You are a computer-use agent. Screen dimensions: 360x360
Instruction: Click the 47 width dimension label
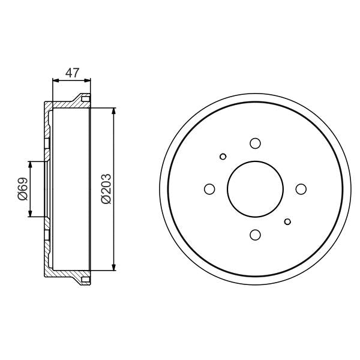[x=72, y=73]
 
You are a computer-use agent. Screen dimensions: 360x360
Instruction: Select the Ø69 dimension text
[x=22, y=189]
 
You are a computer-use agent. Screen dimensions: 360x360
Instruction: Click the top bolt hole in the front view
[x=255, y=143]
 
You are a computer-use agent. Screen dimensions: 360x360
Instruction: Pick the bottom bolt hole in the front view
[x=255, y=235]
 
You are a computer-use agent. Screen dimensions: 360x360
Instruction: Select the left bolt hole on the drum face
[x=209, y=189]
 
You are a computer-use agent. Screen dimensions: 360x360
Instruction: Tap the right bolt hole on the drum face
[x=301, y=189]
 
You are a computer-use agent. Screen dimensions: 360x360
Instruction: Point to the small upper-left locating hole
[x=223, y=157]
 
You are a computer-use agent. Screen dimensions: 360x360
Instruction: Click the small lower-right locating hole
[x=287, y=221]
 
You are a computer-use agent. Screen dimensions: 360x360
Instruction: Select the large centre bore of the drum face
[x=255, y=189]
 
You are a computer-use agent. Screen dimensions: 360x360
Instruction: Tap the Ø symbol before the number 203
[x=106, y=200]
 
